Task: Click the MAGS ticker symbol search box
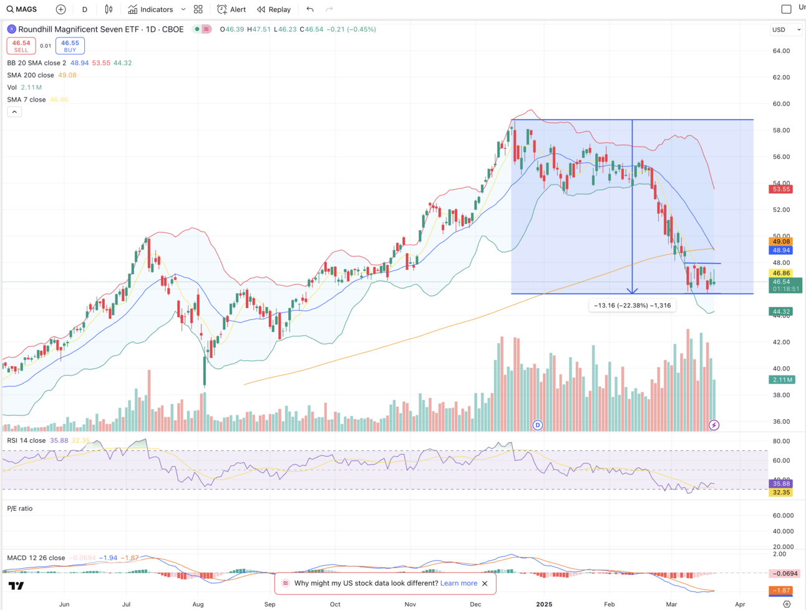tap(22, 9)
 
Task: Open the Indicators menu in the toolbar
tap(151, 9)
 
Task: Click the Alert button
tap(231, 9)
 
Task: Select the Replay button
tap(274, 9)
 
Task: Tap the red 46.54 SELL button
tap(21, 46)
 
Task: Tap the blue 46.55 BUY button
tap(70, 46)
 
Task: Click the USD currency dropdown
tap(785, 29)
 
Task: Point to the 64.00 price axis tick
tap(781, 51)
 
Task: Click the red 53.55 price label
tap(781, 189)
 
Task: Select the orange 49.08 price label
tap(781, 241)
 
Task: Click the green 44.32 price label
tap(781, 311)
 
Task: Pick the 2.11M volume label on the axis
tap(782, 379)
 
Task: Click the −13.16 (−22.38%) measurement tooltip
tap(632, 305)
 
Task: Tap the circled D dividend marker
tap(538, 425)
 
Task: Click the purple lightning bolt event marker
tap(714, 425)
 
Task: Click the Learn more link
tap(459, 583)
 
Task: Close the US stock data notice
tap(485, 583)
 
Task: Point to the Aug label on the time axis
tap(198, 604)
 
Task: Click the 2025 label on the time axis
tap(544, 604)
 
